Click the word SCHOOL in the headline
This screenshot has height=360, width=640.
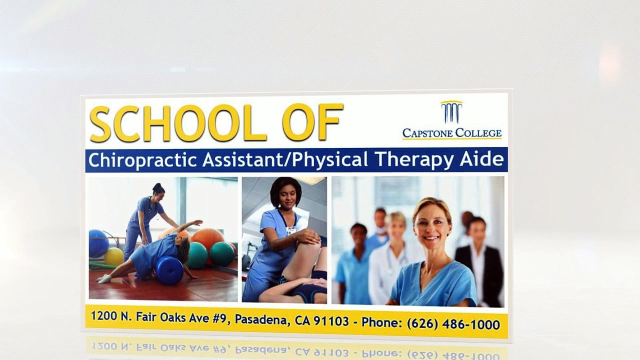coord(178,123)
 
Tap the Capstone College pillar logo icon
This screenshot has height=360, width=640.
coord(451,112)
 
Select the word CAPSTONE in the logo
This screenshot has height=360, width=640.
coord(427,133)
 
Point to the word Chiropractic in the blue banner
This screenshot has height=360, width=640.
coord(142,160)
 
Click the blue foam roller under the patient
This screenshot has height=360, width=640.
coord(169,270)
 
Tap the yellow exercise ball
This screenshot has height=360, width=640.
coord(113,256)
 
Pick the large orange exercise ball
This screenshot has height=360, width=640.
coord(208,239)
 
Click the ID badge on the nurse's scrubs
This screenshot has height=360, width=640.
coord(291,230)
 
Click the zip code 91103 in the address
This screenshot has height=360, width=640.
coord(331,321)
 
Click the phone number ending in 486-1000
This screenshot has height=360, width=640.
coord(453,324)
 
